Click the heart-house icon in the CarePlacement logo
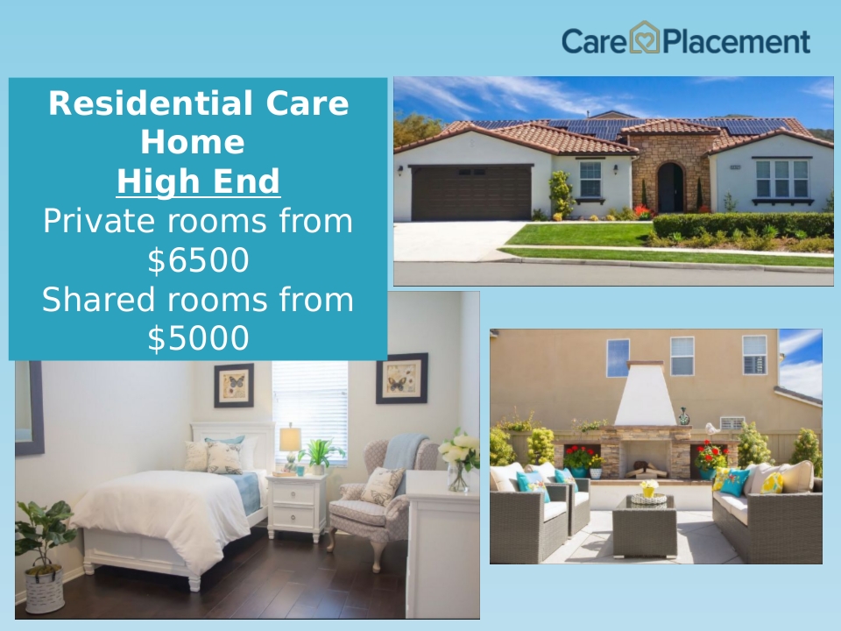pyautogui.click(x=644, y=37)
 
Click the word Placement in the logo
pyautogui.click(x=737, y=42)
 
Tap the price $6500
pyautogui.click(x=198, y=260)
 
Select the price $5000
pyautogui.click(x=198, y=338)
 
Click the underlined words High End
pyautogui.click(x=199, y=181)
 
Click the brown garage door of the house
pyautogui.click(x=472, y=193)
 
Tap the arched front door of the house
pyautogui.click(x=670, y=188)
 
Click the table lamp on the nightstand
pyautogui.click(x=290, y=444)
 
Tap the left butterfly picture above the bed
pyautogui.click(x=234, y=386)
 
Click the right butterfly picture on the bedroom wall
pyautogui.click(x=402, y=379)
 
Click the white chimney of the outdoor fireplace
pyautogui.click(x=646, y=394)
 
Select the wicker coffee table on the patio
pyautogui.click(x=645, y=527)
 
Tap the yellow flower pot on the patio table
pyautogui.click(x=649, y=488)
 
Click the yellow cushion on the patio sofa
pyautogui.click(x=773, y=483)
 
